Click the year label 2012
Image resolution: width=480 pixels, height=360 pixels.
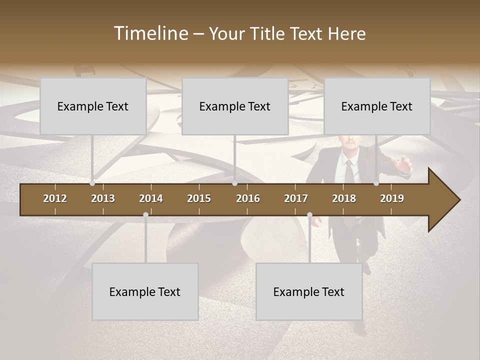pos(55,198)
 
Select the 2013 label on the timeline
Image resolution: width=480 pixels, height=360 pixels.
pos(103,198)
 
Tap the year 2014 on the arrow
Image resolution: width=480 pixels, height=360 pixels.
pos(151,198)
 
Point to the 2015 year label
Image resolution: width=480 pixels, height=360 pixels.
pos(199,198)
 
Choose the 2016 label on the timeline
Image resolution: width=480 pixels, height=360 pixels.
pos(248,198)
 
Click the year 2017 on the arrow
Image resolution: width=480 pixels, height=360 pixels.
pos(296,198)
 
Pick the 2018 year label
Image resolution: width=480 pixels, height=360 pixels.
pos(344,198)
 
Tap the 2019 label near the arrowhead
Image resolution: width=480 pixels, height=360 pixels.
pos(392,198)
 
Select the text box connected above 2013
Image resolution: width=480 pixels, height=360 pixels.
pos(93,106)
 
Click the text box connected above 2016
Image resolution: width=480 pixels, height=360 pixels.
pos(235,106)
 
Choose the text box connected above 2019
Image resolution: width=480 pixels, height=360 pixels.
pos(377,106)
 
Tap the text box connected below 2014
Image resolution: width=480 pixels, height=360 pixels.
pos(145,291)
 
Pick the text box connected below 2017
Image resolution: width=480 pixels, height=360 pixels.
pos(309,291)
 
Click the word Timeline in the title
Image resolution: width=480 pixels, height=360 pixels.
pos(150,33)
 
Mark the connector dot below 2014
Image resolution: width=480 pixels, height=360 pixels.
pos(145,214)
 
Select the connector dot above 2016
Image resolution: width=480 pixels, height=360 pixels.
pos(235,183)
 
